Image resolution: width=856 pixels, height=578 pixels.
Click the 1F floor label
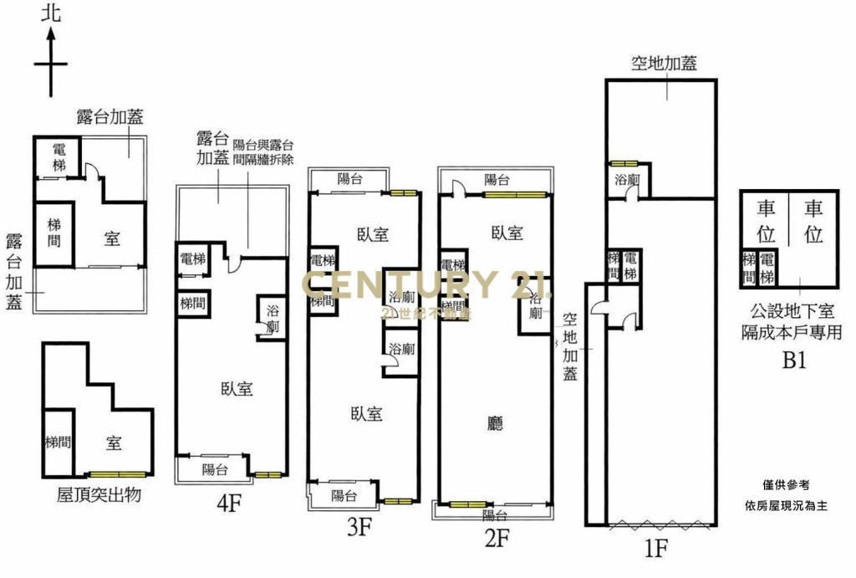pos(656,548)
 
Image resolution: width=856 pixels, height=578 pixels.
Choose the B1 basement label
pos(793,361)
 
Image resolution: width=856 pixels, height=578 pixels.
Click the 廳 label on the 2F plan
pos(496,424)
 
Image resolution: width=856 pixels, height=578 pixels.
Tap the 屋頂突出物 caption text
pos(98,495)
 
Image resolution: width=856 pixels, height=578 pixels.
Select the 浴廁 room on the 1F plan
pos(627,180)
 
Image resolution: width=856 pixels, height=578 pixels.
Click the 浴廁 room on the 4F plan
pos(273,318)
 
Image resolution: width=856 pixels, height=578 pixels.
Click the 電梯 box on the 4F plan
pos(192,260)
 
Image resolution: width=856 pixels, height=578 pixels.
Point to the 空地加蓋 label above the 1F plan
pos(665,63)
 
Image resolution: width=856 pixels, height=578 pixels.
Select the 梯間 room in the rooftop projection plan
pos(58,442)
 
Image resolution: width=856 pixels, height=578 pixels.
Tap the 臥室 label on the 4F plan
pos(237,388)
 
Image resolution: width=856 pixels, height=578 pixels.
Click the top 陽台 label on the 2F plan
pos(497,179)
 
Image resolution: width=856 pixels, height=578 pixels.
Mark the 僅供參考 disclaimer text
pos(786,485)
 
